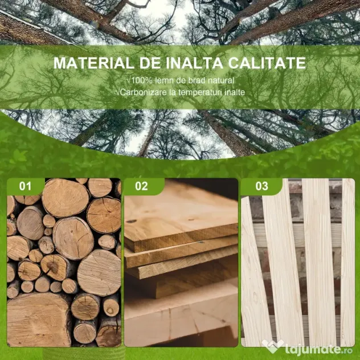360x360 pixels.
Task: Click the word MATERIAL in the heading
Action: point(94,63)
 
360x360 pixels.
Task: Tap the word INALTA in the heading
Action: point(194,63)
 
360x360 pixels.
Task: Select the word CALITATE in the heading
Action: point(267,63)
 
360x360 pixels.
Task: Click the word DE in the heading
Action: point(150,63)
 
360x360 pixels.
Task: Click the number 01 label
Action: point(25,186)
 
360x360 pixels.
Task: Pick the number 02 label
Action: point(141,186)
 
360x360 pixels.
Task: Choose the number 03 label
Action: point(261,186)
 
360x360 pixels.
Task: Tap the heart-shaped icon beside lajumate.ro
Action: point(272,346)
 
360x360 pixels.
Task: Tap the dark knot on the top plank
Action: point(132,221)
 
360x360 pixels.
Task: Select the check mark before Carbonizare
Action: point(118,92)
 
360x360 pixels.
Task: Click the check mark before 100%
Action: point(129,80)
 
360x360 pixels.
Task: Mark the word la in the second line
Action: point(172,92)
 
